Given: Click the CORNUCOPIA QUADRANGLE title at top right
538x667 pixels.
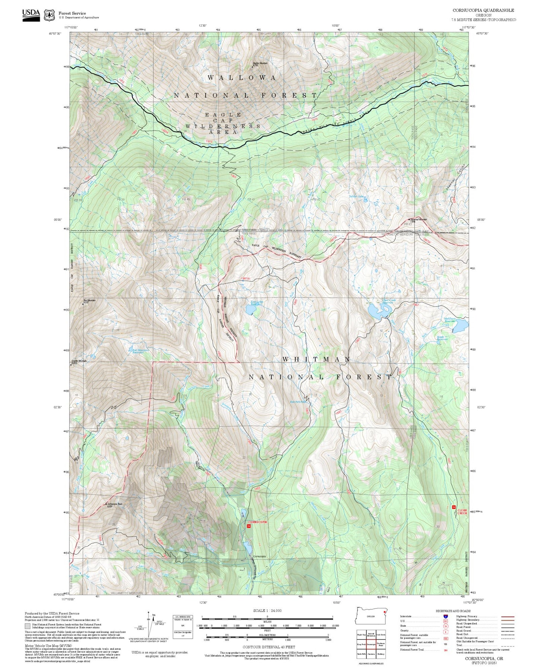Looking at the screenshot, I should click(x=483, y=10).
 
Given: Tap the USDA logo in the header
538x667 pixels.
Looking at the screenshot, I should click(x=31, y=14).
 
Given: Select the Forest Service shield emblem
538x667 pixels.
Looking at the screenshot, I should click(x=49, y=15).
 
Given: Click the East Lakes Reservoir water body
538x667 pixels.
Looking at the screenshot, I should click(x=249, y=310).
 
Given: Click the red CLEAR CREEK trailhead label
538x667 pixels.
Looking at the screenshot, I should click(x=462, y=512).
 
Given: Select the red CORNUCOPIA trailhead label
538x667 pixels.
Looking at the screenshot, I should click(x=257, y=522).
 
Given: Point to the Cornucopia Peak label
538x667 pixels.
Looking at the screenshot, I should click(x=114, y=505).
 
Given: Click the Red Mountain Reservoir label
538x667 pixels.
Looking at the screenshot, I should click(x=140, y=351).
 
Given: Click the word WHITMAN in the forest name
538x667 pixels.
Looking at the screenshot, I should click(x=316, y=359).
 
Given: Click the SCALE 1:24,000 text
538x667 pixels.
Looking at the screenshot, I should click(x=267, y=610).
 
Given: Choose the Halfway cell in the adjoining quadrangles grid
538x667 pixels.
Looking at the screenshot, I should click(x=381, y=654).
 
